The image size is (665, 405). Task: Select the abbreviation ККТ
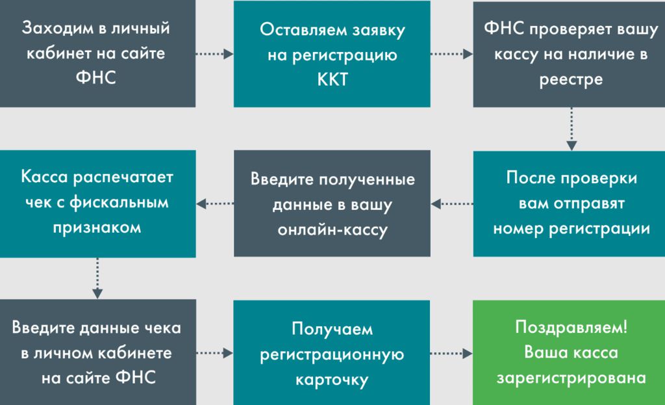tap(332, 79)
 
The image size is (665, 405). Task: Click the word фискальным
tap(119, 203)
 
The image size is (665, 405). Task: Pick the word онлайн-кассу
tap(332, 230)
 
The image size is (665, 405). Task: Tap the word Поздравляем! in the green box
tap(571, 327)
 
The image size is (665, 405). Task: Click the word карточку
tap(332, 380)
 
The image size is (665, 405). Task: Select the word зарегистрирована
tap(571, 378)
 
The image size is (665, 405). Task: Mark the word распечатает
tap(123, 177)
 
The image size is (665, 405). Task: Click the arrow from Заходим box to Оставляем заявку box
tap(214, 54)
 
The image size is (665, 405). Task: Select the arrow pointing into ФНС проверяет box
tap(452, 54)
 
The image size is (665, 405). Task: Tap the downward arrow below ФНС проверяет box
tap(571, 129)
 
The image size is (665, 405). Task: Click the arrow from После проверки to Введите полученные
tap(452, 203)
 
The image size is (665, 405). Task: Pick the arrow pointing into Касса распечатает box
tap(214, 203)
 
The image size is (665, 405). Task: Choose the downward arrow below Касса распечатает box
tap(97, 278)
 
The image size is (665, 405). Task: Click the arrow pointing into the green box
tap(451, 353)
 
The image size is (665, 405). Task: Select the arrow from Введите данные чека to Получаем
tap(214, 353)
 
